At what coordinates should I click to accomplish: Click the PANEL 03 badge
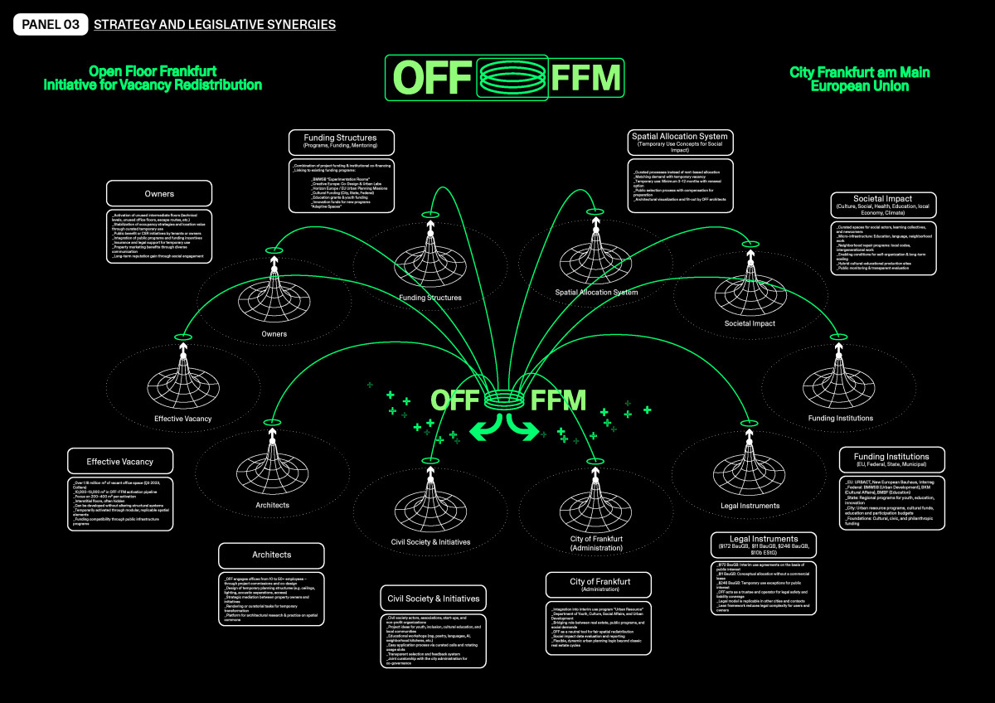(x=51, y=25)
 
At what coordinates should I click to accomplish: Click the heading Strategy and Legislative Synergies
(x=215, y=25)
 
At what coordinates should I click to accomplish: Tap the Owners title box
(x=159, y=194)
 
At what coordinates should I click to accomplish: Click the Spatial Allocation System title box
(x=679, y=141)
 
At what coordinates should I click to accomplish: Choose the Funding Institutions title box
(x=891, y=460)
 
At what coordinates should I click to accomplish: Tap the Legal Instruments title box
(x=764, y=544)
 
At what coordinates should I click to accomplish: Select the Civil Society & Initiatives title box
(x=433, y=599)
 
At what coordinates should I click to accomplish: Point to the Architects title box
(x=272, y=555)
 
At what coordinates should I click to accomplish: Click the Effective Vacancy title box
(x=120, y=462)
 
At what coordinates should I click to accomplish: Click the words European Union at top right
(x=859, y=85)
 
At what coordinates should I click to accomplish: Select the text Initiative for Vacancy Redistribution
(x=153, y=85)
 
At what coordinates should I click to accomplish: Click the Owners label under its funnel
(x=274, y=334)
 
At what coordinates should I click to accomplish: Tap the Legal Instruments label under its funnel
(x=750, y=506)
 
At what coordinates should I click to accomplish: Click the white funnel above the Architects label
(x=273, y=468)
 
